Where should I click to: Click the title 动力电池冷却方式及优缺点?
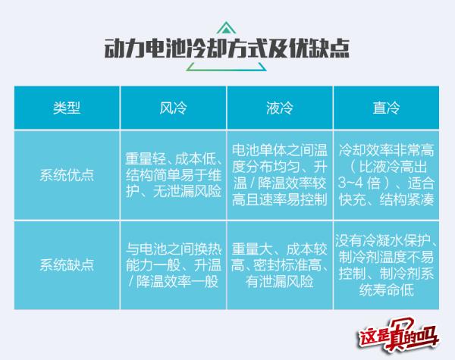pos(227,50)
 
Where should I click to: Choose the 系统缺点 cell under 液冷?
pos(280,265)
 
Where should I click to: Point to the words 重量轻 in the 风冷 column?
pos(145,159)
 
